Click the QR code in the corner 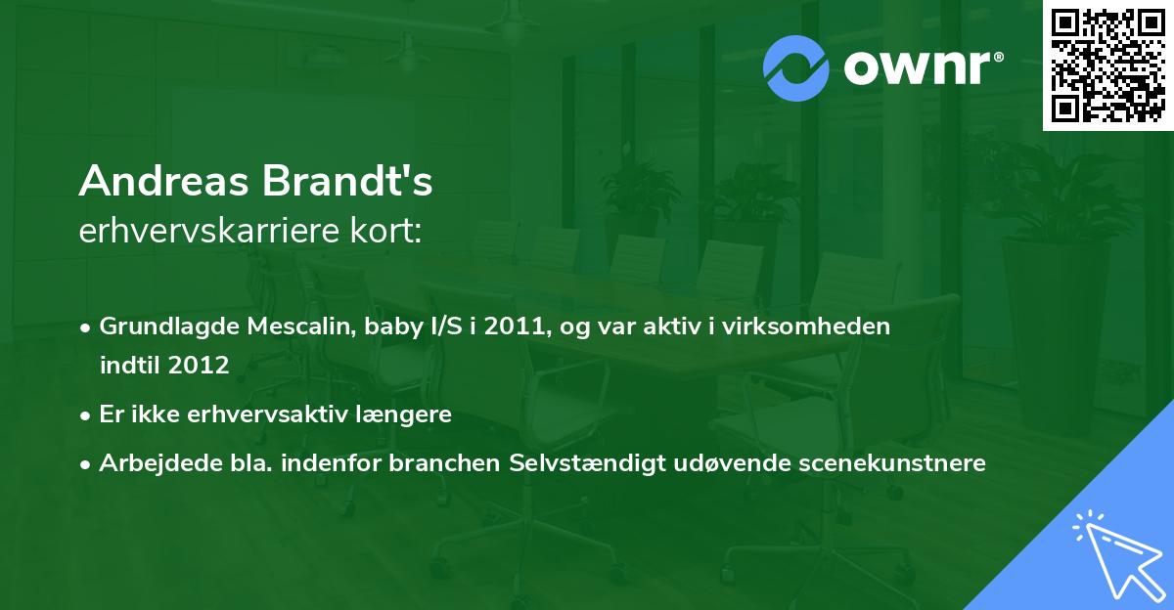coord(1108,65)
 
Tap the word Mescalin coord(286,327)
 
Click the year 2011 coord(513,327)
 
